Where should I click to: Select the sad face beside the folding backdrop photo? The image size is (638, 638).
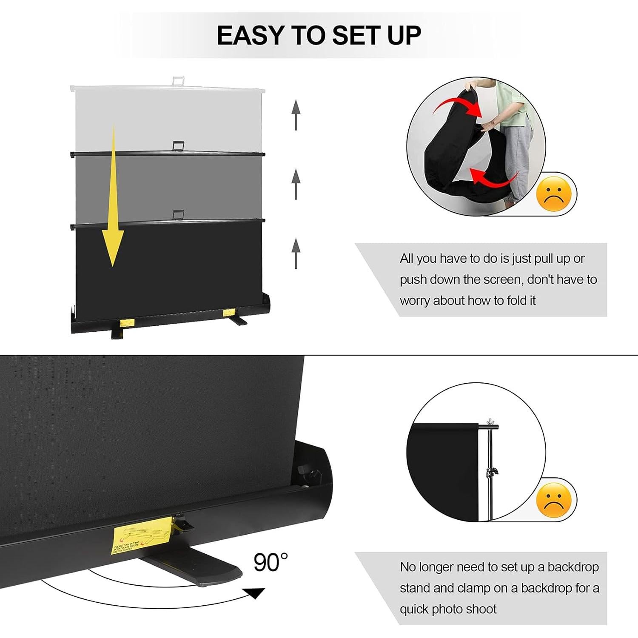pos(554,194)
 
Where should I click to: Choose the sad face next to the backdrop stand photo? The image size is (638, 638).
pos(554,500)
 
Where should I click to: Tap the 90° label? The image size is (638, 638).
pos(271,563)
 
